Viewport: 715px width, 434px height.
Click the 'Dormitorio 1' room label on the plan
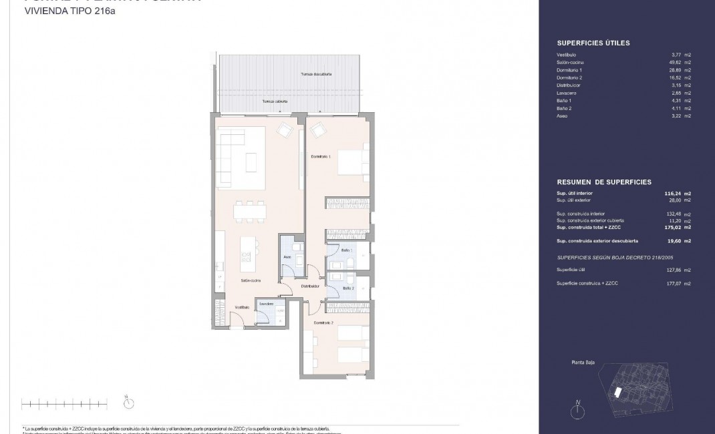click(321, 156)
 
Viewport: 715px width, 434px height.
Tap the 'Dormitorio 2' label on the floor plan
click(323, 322)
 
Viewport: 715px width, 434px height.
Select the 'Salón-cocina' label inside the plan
click(251, 280)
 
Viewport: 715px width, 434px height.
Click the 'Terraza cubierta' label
click(275, 101)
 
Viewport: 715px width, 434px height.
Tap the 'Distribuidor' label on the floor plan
click(311, 286)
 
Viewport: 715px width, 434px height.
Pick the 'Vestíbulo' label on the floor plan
click(242, 307)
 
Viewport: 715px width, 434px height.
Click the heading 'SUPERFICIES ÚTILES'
click(593, 43)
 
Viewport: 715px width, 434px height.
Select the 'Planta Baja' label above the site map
click(583, 365)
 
